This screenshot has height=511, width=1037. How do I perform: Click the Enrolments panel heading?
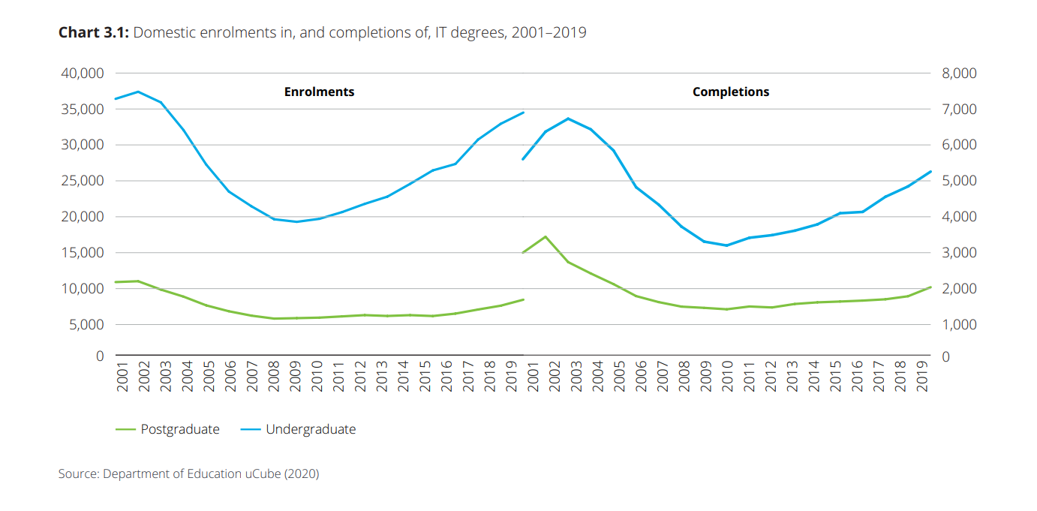(x=319, y=92)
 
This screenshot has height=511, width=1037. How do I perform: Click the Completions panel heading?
(x=731, y=92)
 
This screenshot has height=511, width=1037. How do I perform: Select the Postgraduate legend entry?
(x=180, y=430)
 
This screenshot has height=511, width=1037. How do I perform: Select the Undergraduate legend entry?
(x=311, y=430)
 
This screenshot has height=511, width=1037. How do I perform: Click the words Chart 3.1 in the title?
(x=94, y=33)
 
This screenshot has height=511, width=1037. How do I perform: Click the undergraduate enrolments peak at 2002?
(x=137, y=92)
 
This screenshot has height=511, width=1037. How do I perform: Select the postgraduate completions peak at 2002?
(x=546, y=237)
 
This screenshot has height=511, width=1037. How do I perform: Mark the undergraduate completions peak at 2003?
(x=568, y=119)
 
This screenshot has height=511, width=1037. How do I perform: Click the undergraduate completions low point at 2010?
(x=726, y=245)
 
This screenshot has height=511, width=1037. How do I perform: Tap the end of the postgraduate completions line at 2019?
(x=930, y=287)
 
